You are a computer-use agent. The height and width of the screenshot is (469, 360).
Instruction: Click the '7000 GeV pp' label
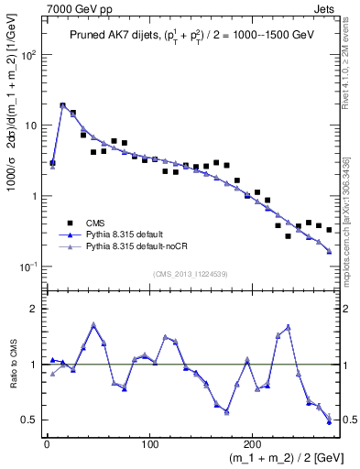click(x=71, y=8)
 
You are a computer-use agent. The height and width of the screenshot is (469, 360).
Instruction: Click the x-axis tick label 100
click(x=149, y=442)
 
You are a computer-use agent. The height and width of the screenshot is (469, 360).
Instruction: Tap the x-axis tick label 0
click(x=47, y=442)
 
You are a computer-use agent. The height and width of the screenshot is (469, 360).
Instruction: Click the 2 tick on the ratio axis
click(x=35, y=309)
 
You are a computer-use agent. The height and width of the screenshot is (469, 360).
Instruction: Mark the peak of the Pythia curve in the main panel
click(x=62, y=105)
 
